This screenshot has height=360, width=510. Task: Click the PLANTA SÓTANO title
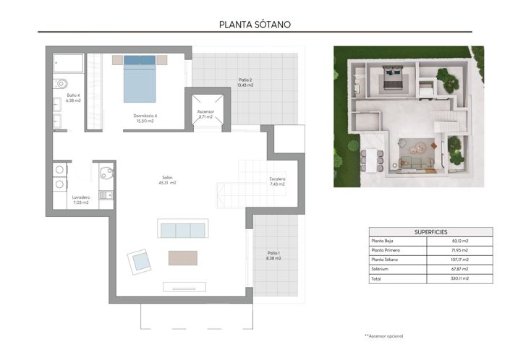click(255, 24)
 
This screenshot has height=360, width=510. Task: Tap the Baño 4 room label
click(72, 98)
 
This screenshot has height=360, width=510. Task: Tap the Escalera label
click(277, 181)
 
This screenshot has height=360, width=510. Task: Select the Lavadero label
click(80, 200)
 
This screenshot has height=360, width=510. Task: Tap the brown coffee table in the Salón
click(182, 257)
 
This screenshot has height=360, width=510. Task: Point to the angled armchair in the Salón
click(138, 260)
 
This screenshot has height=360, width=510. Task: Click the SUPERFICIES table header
click(420, 232)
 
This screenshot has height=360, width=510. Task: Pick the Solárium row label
click(381, 268)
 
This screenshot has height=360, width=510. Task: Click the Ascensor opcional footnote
click(383, 335)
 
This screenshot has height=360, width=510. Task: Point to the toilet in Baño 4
click(60, 83)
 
